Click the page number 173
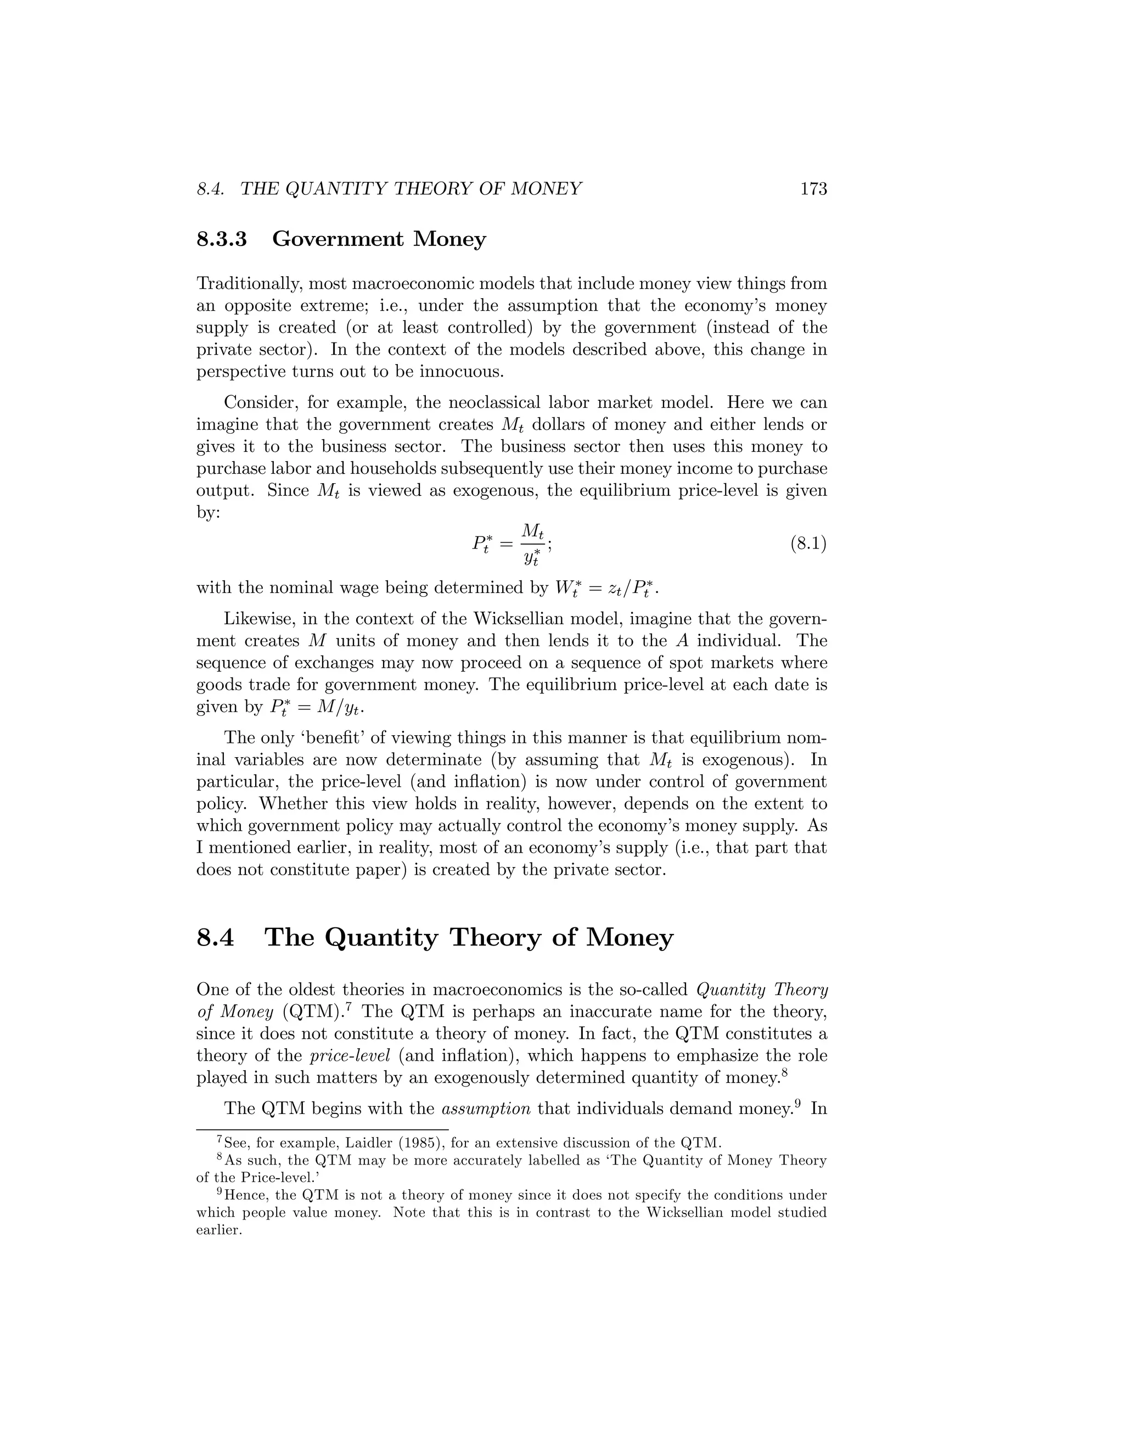[813, 189]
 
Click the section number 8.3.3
[222, 238]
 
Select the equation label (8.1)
[808, 544]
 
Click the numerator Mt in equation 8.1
[533, 531]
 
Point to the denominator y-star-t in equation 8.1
[531, 558]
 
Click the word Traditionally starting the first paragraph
[250, 284]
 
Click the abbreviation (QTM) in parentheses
[312, 1012]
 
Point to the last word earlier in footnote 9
[218, 1230]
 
